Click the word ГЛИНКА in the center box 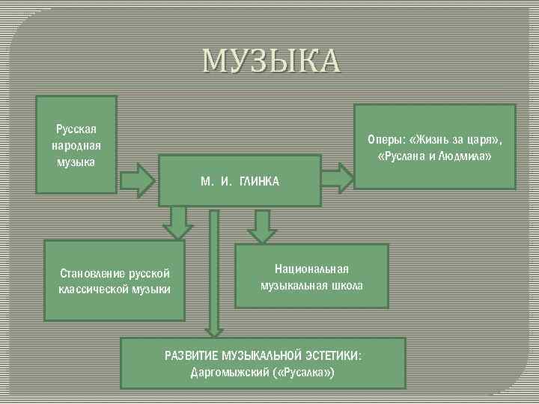pos(259,183)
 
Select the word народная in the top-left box pos(76,145)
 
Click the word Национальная pos(311,269)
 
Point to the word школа pos(347,285)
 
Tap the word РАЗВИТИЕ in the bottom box pos(189,355)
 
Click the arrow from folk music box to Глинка pos(135,178)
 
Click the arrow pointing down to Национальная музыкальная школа pos(261,225)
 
